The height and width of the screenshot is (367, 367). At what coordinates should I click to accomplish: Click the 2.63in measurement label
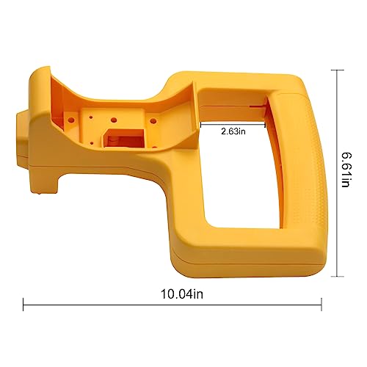231,132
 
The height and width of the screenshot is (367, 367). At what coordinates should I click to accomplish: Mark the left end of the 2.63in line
200,123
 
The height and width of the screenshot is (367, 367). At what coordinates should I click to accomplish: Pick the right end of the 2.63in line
265,123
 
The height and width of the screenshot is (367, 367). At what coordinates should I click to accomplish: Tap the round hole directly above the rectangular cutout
115,118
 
